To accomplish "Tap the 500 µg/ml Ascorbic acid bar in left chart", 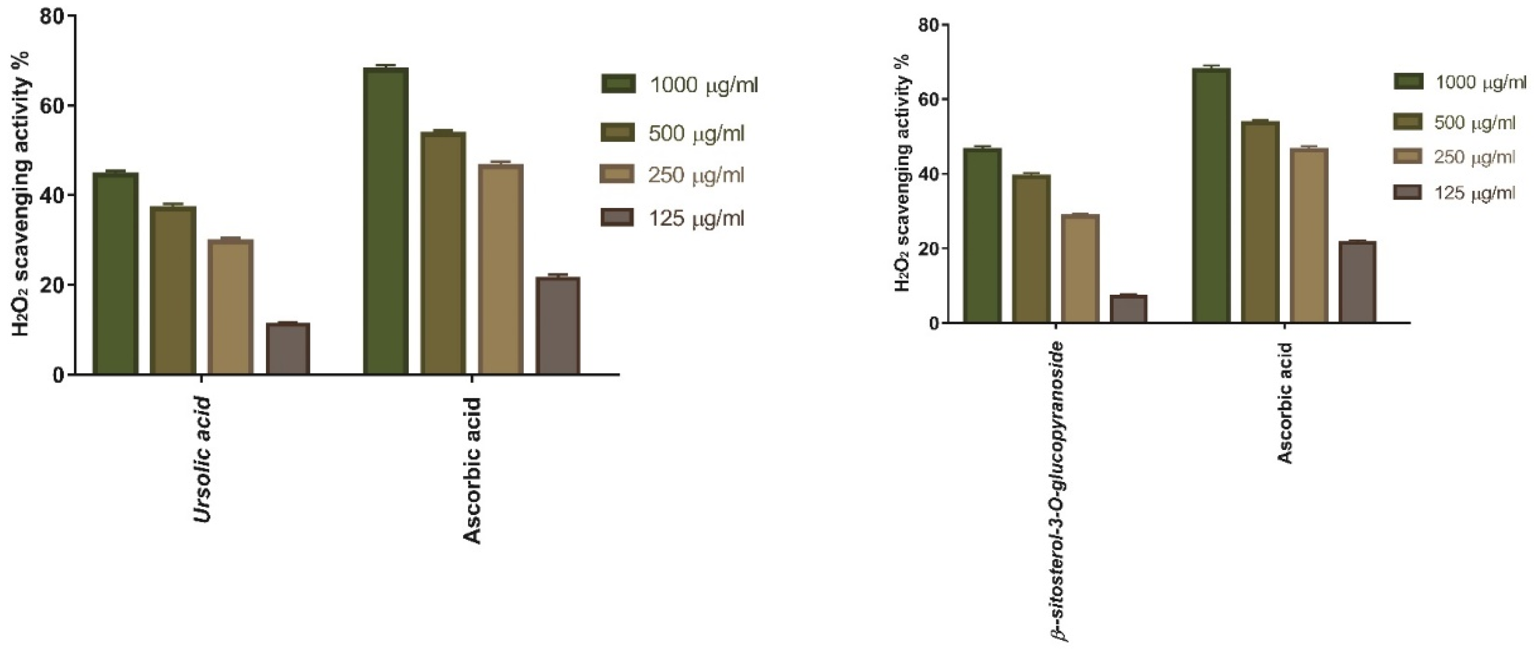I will point(443,253).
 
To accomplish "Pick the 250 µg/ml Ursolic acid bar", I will point(231,307).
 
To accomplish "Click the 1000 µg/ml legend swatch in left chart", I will point(617,84).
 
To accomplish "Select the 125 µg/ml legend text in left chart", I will point(696,218).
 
